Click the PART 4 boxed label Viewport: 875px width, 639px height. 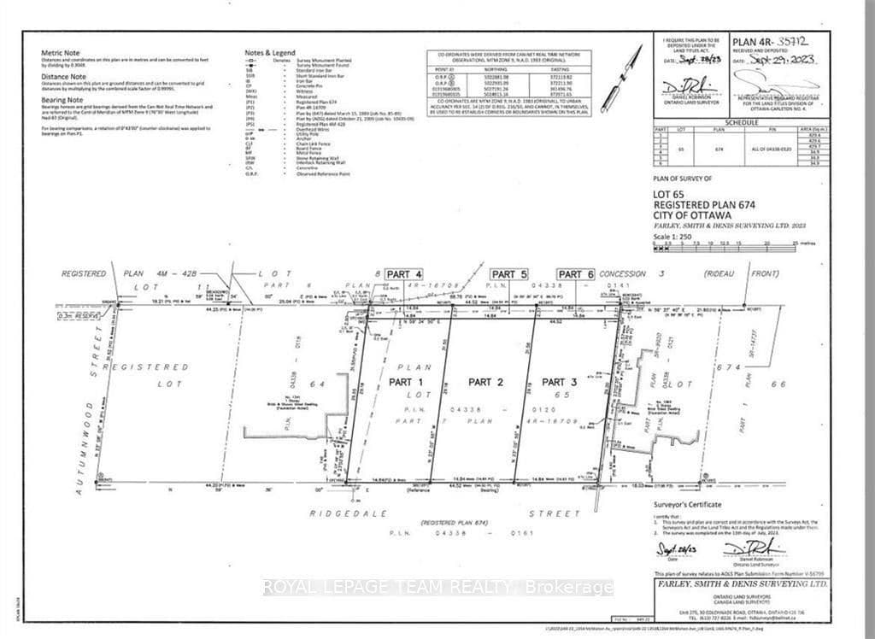pos(404,273)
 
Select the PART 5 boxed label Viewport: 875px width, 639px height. pos(509,273)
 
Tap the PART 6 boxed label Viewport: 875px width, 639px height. pos(578,273)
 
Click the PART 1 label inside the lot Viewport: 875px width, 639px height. pos(406,381)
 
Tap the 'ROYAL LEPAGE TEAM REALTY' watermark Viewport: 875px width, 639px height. pos(437,588)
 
